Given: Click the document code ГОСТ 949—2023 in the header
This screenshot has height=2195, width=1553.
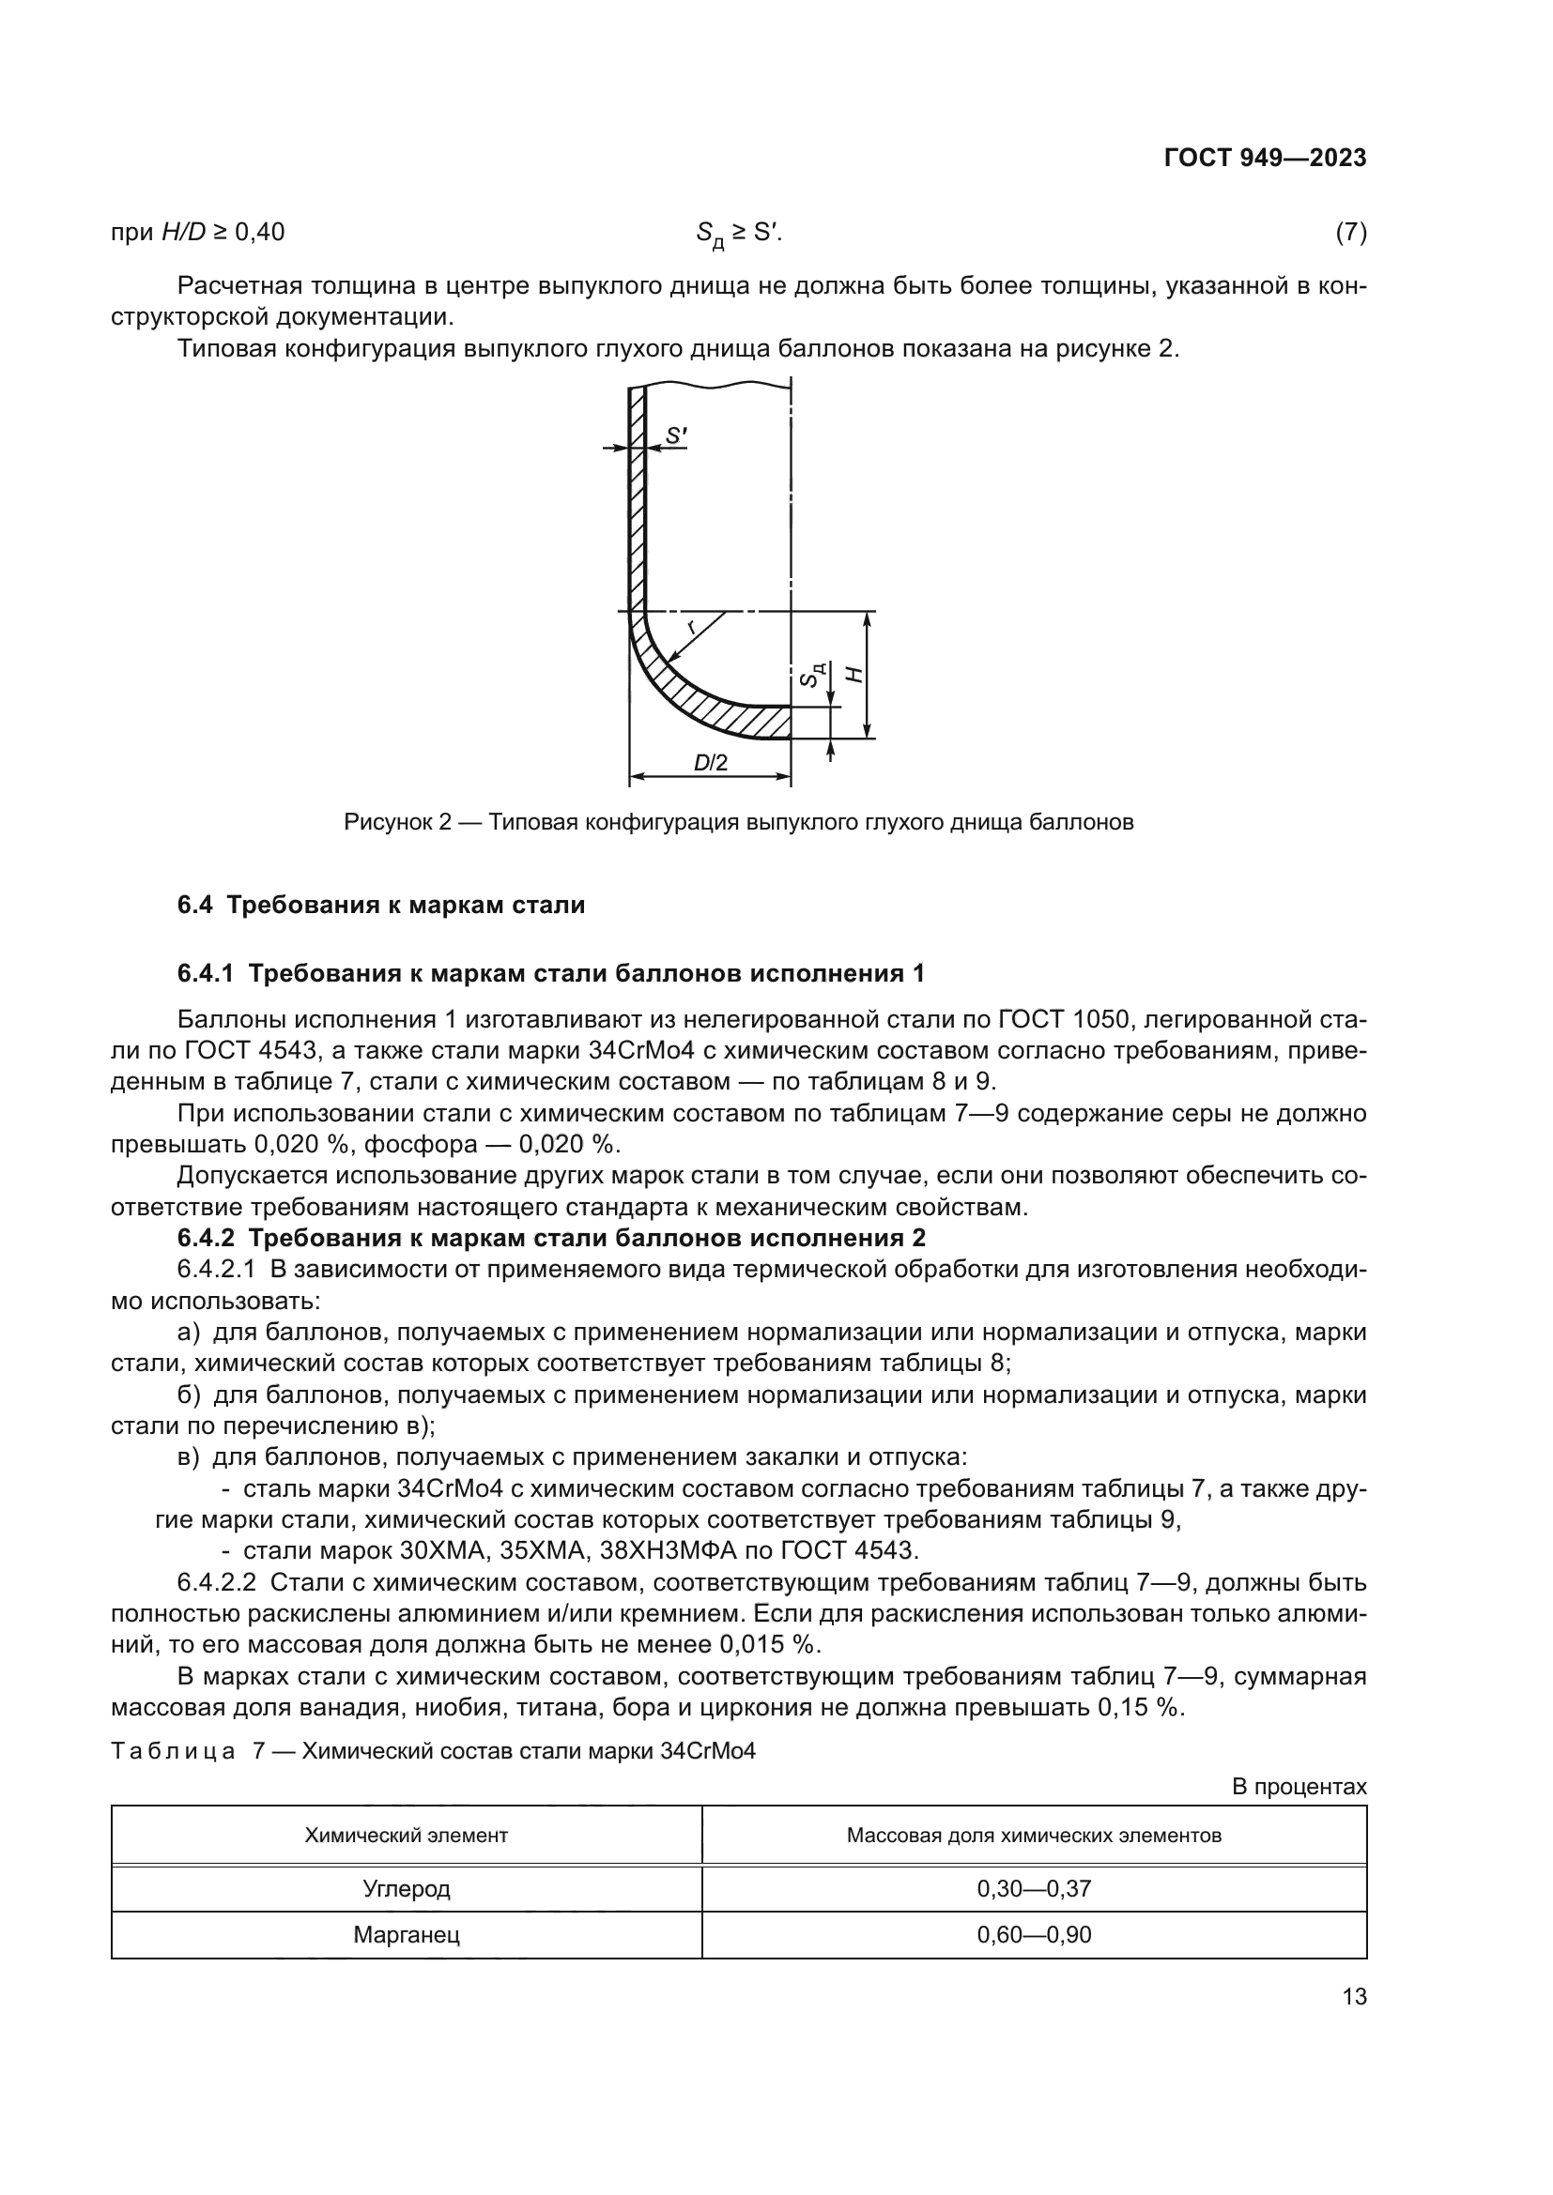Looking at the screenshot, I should (x=1264, y=159).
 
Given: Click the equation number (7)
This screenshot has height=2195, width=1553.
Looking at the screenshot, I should (x=1349, y=233).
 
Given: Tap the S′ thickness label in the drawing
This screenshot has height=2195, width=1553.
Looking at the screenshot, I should (x=676, y=436).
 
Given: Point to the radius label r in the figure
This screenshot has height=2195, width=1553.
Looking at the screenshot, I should (x=691, y=627).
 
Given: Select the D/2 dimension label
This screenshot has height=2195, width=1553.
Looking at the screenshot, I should (x=711, y=763).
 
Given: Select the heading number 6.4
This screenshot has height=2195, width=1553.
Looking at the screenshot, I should (x=194, y=905).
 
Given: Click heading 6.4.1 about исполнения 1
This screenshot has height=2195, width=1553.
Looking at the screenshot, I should (x=551, y=974).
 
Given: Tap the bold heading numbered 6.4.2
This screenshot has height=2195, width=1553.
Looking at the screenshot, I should (x=551, y=1238).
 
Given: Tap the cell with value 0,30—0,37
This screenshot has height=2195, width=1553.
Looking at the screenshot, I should (x=1033, y=1889).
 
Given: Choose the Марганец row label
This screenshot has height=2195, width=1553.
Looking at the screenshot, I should (x=406, y=1935).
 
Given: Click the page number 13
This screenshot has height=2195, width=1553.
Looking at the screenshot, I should (x=1354, y=1997).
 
